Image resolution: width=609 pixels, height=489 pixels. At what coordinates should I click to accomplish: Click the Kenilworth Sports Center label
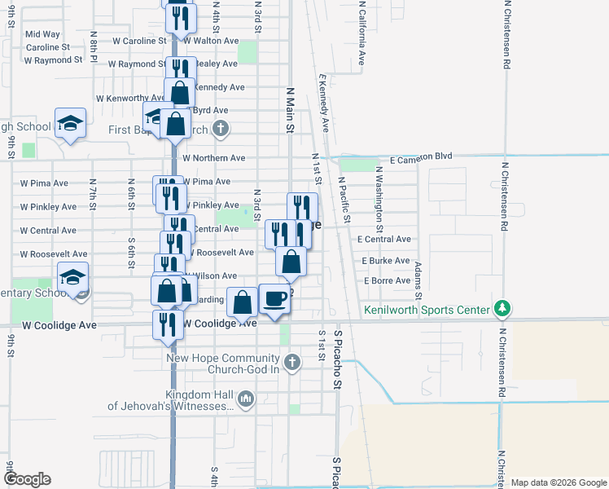[427, 310]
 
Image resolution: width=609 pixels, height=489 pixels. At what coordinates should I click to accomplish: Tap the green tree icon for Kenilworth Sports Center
[504, 309]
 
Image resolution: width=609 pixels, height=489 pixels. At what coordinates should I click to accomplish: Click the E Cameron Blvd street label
[420, 156]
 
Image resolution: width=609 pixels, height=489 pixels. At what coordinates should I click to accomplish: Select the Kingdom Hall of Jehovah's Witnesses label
[172, 400]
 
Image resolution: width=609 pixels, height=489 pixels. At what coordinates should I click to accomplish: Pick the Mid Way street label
[43, 34]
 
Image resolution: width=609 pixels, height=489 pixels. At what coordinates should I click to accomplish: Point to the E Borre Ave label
[387, 280]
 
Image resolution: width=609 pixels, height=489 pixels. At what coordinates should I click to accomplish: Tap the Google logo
[26, 479]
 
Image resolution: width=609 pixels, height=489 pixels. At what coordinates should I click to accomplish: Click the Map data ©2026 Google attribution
[559, 482]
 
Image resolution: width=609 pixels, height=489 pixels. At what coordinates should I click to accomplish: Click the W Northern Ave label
[213, 158]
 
